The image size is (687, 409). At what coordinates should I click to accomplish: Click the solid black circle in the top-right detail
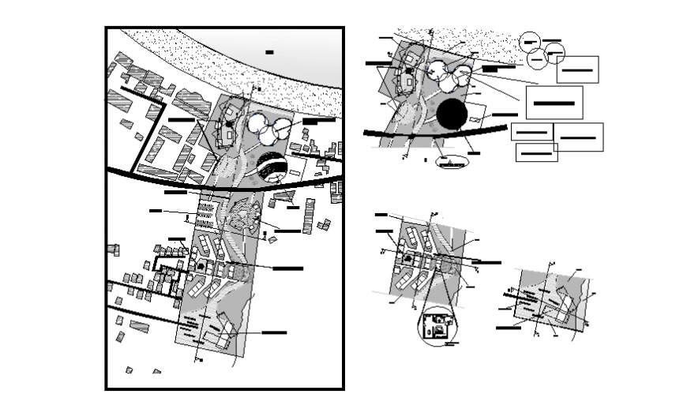click(x=452, y=114)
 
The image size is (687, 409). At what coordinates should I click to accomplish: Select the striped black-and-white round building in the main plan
click(x=272, y=167)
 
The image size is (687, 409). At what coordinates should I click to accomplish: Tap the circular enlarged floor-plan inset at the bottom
click(x=437, y=325)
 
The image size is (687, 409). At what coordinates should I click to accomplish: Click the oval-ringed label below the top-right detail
click(x=452, y=163)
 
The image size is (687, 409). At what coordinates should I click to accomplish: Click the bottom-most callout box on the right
click(x=535, y=152)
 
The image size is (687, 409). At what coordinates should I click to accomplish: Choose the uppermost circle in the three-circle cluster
click(x=529, y=42)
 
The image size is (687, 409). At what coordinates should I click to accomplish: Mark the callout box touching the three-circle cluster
click(x=577, y=69)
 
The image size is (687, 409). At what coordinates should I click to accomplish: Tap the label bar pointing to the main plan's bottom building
click(x=274, y=332)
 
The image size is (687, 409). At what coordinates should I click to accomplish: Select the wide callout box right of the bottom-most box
click(x=578, y=137)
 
